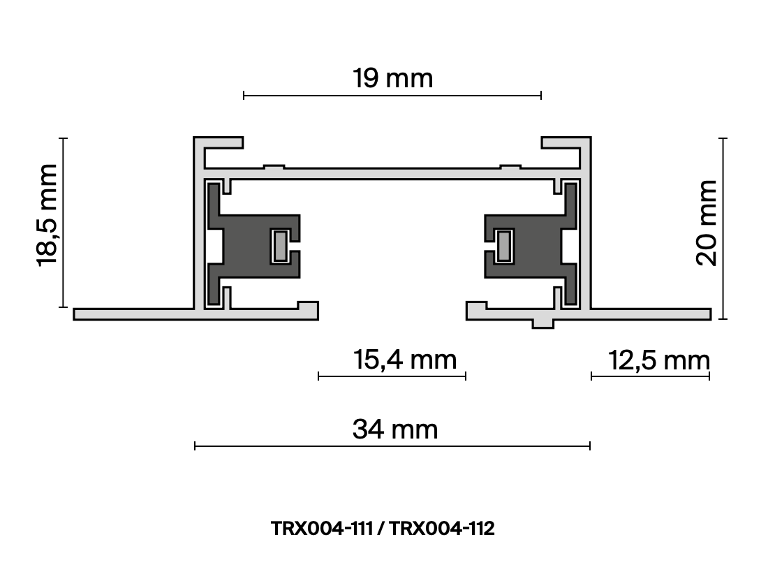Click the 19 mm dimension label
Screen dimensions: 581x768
coord(392,78)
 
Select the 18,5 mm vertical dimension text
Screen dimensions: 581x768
coord(47,214)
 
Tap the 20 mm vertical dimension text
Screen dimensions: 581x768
coord(707,223)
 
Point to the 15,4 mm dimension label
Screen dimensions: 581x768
coord(404,360)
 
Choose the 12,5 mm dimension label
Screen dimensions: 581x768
coord(658,361)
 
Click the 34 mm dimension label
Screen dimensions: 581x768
coord(395,429)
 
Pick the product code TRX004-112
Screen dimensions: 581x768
coord(442,529)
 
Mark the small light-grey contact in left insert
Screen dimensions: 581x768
coord(280,246)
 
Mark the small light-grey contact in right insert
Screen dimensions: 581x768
coord(503,246)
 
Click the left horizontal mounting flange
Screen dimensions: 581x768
coord(133,314)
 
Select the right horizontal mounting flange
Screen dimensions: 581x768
coord(649,314)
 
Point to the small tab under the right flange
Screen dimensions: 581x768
coord(542,323)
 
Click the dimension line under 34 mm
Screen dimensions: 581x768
coord(392,446)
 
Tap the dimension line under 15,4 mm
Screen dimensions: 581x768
coord(392,376)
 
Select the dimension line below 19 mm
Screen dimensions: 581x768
coord(392,95)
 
